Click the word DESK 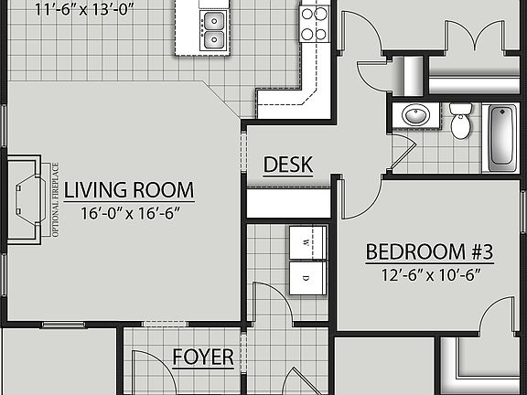288,165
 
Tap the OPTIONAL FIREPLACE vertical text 55,199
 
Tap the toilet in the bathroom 461,121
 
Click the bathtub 502,138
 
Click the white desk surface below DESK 288,203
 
